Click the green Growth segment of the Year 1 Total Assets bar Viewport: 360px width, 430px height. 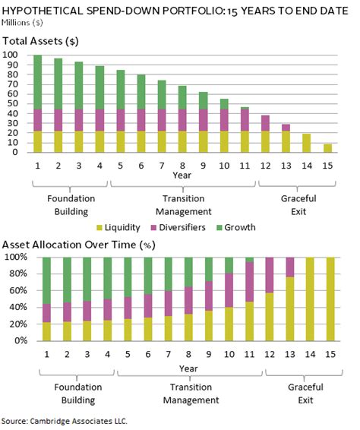pos(37,82)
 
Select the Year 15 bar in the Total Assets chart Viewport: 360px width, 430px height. pos(328,147)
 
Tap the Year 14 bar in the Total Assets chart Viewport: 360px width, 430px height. pos(308,143)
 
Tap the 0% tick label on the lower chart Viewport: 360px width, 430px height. pos(15,340)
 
